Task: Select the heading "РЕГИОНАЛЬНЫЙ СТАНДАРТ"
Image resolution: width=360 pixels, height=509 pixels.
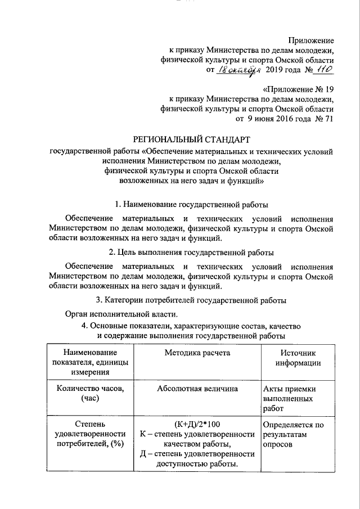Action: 191,139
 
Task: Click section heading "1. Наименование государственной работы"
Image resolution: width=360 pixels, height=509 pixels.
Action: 191,204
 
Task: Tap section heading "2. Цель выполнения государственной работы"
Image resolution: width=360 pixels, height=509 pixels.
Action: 191,251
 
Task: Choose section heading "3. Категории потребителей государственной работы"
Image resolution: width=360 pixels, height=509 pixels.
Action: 191,299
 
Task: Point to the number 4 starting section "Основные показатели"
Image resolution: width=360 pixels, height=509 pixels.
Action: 84,326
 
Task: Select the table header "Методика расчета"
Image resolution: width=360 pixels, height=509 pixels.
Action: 197,353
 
